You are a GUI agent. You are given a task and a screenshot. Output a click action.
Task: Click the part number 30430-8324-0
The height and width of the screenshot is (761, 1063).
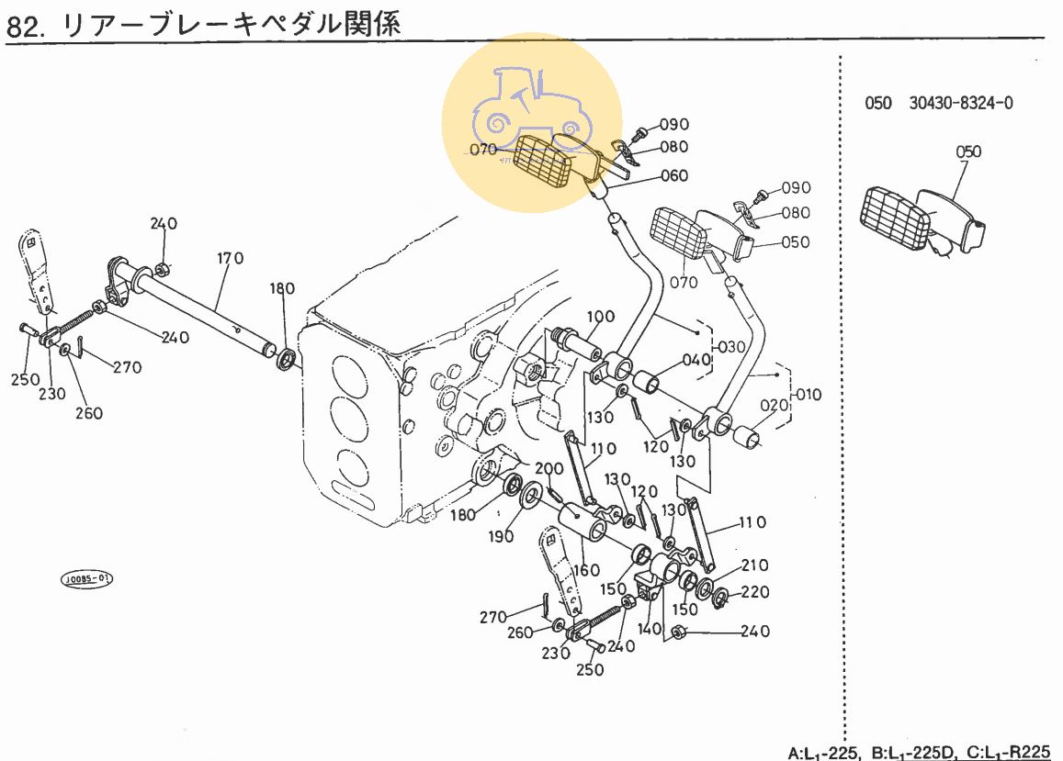pyautogui.click(x=961, y=103)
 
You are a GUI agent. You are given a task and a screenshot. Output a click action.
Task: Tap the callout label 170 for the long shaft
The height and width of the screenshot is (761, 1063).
pyautogui.click(x=231, y=258)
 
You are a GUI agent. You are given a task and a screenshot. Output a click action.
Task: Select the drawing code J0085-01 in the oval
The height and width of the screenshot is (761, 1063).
pyautogui.click(x=87, y=579)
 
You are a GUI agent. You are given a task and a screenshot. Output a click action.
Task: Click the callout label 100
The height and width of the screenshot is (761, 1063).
pyautogui.click(x=600, y=318)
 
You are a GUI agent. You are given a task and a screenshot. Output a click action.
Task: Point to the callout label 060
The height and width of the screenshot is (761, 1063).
pyautogui.click(x=673, y=176)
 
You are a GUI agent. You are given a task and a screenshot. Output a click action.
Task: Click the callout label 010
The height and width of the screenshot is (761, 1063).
pyautogui.click(x=809, y=396)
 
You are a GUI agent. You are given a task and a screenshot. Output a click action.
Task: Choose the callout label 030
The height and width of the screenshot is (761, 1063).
pyautogui.click(x=732, y=348)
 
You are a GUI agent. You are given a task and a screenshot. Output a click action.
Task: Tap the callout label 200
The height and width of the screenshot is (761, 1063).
pyautogui.click(x=548, y=469)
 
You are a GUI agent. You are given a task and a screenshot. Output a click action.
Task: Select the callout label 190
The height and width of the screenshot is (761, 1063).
pyautogui.click(x=502, y=537)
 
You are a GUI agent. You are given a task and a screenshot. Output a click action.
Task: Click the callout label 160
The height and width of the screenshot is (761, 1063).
pyautogui.click(x=585, y=570)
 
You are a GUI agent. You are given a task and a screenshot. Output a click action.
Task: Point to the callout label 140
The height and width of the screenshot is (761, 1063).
pyautogui.click(x=650, y=629)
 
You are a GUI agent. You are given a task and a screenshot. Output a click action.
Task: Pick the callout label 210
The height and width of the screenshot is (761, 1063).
pyautogui.click(x=755, y=565)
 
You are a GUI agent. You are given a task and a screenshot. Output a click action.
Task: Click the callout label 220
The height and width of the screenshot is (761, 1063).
pyautogui.click(x=755, y=593)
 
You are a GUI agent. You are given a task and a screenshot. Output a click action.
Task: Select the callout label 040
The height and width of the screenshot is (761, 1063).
pyautogui.click(x=697, y=359)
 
